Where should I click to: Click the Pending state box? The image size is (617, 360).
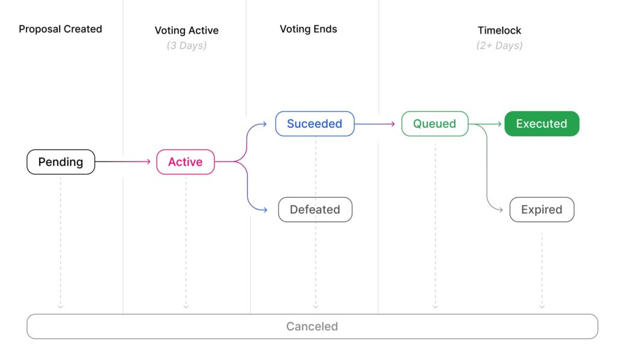coord(61,162)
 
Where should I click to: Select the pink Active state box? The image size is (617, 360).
coord(185,162)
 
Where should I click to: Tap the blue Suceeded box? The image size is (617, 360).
coord(315,124)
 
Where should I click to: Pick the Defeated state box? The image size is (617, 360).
coord(315,210)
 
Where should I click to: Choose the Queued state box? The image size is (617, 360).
coord(434,124)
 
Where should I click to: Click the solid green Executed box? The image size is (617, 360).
coord(542,124)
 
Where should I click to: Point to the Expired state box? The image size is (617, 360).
coord(542,210)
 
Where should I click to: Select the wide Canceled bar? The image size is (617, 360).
coord(312,326)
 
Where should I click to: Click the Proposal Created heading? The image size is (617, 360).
coord(60,29)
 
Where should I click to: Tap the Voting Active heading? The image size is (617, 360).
coord(187,30)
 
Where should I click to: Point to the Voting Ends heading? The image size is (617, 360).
coord(308,29)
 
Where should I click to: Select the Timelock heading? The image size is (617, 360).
coord(500,30)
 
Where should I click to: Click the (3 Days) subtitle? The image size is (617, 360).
coord(187,46)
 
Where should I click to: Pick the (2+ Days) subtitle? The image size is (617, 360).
coord(500,46)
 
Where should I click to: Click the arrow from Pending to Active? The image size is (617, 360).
coord(123,162)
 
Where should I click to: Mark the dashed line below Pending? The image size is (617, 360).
coord(60,241)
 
